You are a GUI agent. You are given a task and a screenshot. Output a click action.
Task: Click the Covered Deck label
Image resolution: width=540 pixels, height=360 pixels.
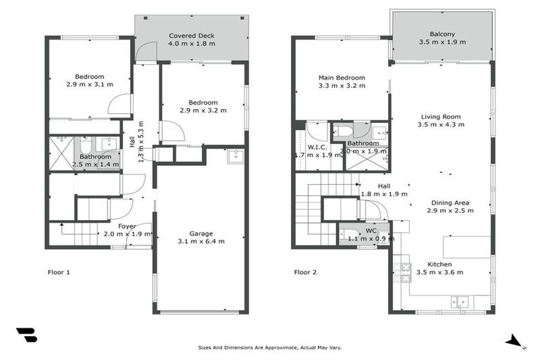point(191,35)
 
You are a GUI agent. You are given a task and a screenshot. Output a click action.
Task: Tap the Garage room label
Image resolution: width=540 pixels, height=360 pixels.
point(201,233)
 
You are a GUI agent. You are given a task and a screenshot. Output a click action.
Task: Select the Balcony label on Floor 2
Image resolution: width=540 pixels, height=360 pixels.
point(442,34)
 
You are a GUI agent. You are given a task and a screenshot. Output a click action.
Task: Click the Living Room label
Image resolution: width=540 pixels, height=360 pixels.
point(441,117)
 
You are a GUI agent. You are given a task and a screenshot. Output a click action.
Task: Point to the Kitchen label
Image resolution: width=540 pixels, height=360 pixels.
point(440,264)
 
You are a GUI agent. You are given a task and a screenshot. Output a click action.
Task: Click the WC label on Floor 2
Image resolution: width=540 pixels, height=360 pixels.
point(371,230)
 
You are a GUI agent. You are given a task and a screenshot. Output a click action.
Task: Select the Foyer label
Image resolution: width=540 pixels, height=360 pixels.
point(127,226)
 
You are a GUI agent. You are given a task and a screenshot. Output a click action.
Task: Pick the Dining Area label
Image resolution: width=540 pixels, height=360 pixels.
point(450,202)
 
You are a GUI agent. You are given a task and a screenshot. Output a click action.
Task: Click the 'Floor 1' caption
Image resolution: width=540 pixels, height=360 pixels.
point(58,272)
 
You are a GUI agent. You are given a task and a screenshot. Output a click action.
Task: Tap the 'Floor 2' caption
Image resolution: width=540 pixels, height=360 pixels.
point(305,272)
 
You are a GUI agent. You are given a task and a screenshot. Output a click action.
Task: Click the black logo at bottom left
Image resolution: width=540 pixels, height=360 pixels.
point(26,335)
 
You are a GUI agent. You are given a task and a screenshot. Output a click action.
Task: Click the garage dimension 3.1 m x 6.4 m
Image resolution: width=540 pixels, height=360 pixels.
point(201,241)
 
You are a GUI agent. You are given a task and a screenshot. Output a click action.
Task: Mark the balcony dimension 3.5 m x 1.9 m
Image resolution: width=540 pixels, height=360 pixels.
point(442,42)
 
